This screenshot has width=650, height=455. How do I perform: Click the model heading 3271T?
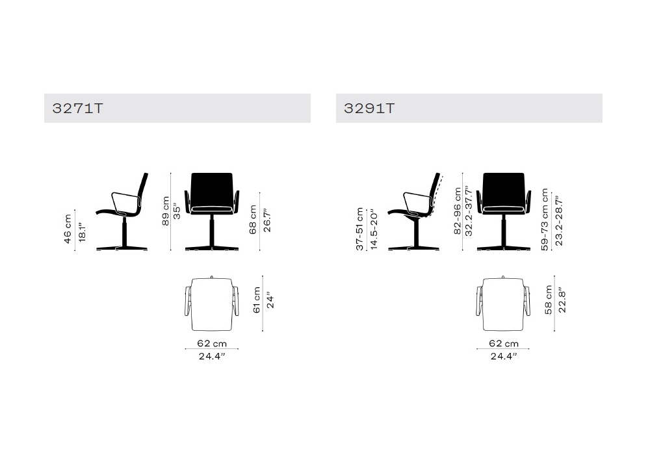pyautogui.click(x=77, y=108)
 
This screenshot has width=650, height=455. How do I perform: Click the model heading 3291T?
pyautogui.click(x=369, y=108)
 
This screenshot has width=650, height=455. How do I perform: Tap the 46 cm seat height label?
pyautogui.click(x=68, y=229)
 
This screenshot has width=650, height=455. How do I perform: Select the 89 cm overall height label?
pyautogui.click(x=165, y=211)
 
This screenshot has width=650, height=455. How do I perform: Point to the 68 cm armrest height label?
pyautogui.click(x=253, y=220)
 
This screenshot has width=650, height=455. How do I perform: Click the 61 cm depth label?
pyautogui.click(x=257, y=300)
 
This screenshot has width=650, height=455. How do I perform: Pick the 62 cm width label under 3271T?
pyautogui.click(x=212, y=344)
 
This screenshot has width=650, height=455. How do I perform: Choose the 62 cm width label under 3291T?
pyautogui.click(x=504, y=344)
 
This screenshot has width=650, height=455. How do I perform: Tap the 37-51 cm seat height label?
pyautogui.click(x=359, y=229)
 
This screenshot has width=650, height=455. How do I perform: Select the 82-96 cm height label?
pyautogui.click(x=457, y=211)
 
